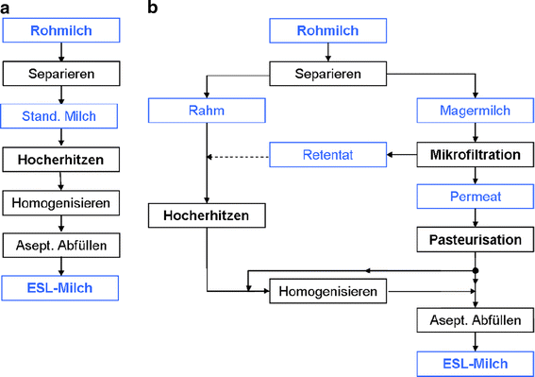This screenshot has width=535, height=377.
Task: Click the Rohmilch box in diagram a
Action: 61,30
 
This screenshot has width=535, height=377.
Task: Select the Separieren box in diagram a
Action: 61,72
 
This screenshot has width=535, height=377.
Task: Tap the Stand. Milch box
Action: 61,116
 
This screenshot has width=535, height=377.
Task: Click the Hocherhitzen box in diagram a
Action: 61,160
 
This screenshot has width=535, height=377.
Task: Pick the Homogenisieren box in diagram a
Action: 61,202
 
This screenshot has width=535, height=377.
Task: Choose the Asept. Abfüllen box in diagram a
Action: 61,246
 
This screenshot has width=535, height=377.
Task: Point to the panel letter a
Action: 6,8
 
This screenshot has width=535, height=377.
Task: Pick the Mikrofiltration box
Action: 475,152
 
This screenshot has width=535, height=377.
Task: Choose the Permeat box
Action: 475,197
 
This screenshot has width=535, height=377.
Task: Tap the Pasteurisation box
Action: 475,240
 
